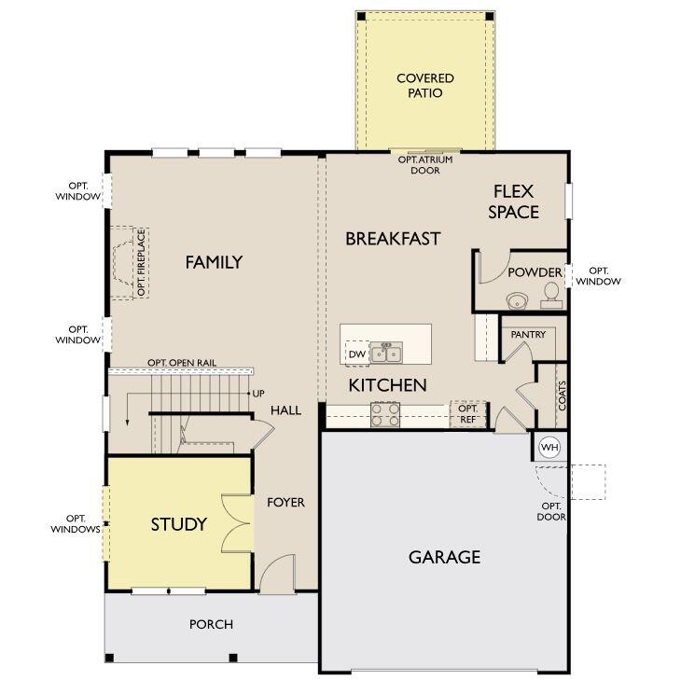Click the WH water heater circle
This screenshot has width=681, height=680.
click(x=549, y=447)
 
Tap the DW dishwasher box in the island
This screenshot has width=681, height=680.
click(x=357, y=354)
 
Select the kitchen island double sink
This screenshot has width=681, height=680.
click(x=386, y=354)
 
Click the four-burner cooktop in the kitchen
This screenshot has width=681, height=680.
click(x=385, y=415)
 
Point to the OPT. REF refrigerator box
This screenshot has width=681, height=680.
click(x=467, y=414)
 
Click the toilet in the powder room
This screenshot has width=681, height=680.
click(x=552, y=296)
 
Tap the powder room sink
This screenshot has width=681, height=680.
click(x=518, y=300)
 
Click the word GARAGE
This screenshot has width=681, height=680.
click(x=445, y=557)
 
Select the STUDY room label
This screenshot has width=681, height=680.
click(x=178, y=524)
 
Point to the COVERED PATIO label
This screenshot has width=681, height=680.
click(x=425, y=86)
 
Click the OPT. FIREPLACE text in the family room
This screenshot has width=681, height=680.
click(x=141, y=263)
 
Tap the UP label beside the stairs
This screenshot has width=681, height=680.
click(x=258, y=394)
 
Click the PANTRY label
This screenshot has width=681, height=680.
click(x=528, y=334)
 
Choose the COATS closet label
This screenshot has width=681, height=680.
click(x=563, y=396)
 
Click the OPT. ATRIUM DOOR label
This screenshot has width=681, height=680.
click(x=425, y=165)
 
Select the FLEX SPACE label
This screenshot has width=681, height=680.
click(x=513, y=201)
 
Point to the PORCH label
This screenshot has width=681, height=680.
click(x=211, y=624)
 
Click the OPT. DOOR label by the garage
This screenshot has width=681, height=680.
click(x=551, y=511)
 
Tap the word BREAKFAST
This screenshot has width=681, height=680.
click(x=393, y=239)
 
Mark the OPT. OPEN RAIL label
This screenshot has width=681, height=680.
click(x=182, y=363)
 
